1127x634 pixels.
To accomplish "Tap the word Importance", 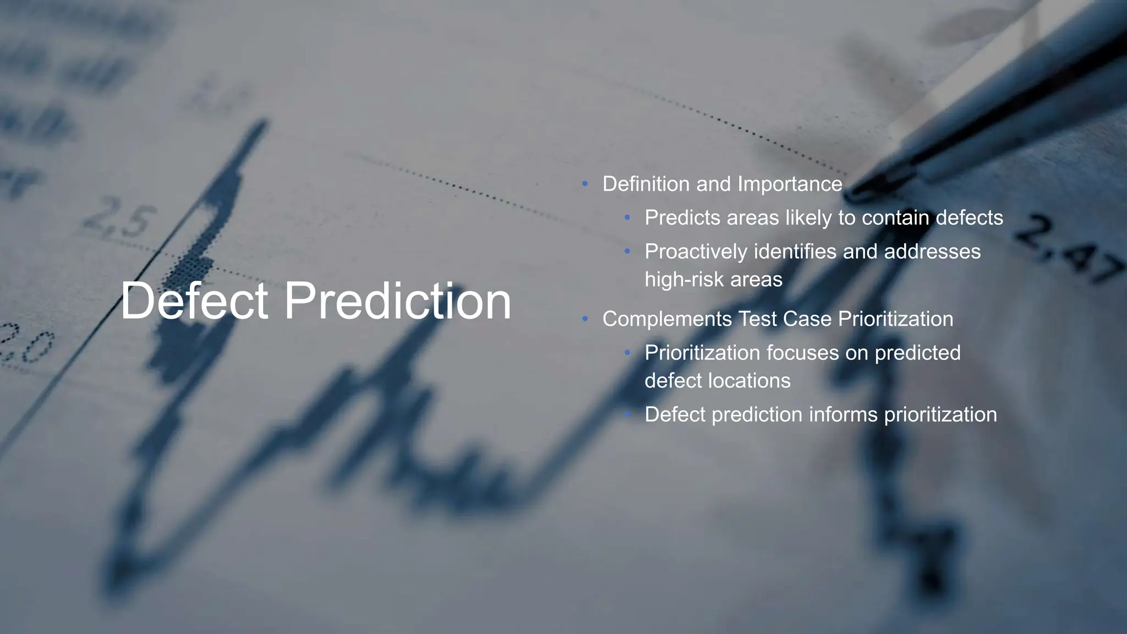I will [790, 184].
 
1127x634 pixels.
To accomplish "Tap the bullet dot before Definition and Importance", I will [585, 184].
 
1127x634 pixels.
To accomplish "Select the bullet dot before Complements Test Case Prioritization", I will [585, 319].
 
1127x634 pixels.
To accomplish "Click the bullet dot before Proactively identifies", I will [627, 252].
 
